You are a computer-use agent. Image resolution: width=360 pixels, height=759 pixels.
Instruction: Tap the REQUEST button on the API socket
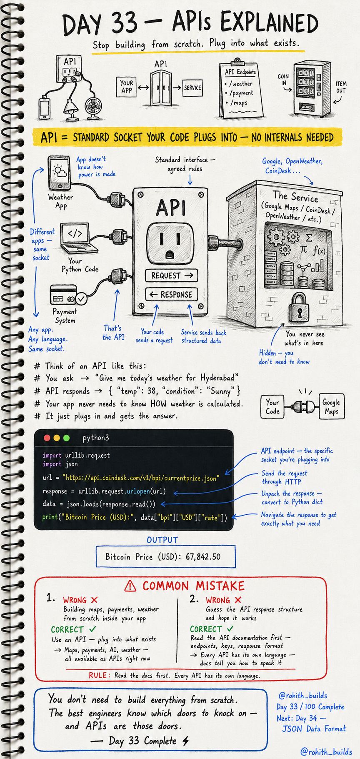click(x=171, y=276)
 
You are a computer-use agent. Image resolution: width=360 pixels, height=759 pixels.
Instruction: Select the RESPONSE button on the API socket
click(x=171, y=294)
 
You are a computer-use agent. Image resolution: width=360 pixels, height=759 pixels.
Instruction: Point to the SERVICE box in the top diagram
click(x=192, y=88)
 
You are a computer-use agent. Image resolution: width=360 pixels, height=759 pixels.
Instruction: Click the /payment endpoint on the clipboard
click(x=241, y=93)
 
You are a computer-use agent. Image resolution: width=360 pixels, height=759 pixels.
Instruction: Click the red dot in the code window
click(x=47, y=438)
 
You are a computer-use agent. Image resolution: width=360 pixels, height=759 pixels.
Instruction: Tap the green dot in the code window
click(x=67, y=438)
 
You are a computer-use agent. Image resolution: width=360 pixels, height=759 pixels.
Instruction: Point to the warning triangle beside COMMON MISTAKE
click(x=130, y=586)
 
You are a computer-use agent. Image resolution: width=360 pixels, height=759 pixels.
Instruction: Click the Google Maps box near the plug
click(x=332, y=406)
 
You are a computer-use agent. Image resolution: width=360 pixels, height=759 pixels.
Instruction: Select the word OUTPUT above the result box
click(x=162, y=540)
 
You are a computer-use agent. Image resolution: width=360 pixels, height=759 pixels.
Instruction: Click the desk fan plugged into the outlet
click(x=94, y=106)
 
